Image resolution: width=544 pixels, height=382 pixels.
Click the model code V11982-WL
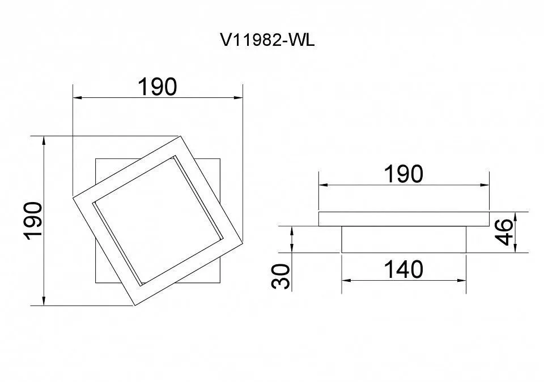tap(267, 40)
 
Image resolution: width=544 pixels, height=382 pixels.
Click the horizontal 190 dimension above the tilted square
tap(158, 87)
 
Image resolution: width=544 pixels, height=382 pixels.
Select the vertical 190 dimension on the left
tap(33, 221)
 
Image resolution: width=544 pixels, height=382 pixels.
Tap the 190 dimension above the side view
tap(404, 174)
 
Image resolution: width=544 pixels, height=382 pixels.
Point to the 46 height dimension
tap(504, 232)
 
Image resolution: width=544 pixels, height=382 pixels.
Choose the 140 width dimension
tap(404, 269)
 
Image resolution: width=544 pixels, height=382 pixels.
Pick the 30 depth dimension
tap(281, 276)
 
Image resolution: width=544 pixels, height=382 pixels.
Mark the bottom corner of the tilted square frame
tap(135, 306)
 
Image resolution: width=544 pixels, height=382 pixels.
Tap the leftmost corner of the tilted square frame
tap(73, 198)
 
